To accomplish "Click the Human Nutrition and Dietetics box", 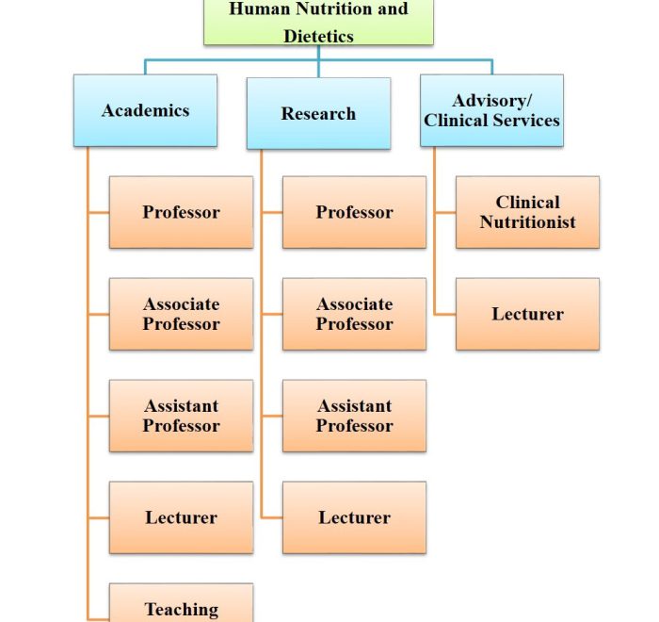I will pyautogui.click(x=318, y=23).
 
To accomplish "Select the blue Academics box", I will pyautogui.click(x=145, y=110).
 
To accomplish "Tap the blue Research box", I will pyautogui.click(x=318, y=114).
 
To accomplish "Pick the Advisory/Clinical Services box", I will pyautogui.click(x=491, y=110).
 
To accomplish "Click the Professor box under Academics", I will pyautogui.click(x=181, y=212).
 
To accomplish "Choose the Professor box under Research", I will pyautogui.click(x=354, y=212).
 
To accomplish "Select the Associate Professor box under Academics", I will pyautogui.click(x=181, y=314).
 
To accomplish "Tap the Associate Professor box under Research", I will pyautogui.click(x=354, y=314).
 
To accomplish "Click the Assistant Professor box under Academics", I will pyautogui.click(x=181, y=416).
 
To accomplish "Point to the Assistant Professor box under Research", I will pyautogui.click(x=354, y=416).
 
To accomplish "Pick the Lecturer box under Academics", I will pyautogui.click(x=181, y=517).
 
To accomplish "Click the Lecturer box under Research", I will pyautogui.click(x=354, y=517).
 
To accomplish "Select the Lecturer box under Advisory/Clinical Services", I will pyautogui.click(x=527, y=314).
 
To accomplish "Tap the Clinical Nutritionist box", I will pyautogui.click(x=527, y=212).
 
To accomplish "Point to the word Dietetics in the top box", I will pyautogui.click(x=318, y=37).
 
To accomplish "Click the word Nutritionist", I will pyautogui.click(x=527, y=222).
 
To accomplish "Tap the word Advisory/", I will pyautogui.click(x=491, y=101).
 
